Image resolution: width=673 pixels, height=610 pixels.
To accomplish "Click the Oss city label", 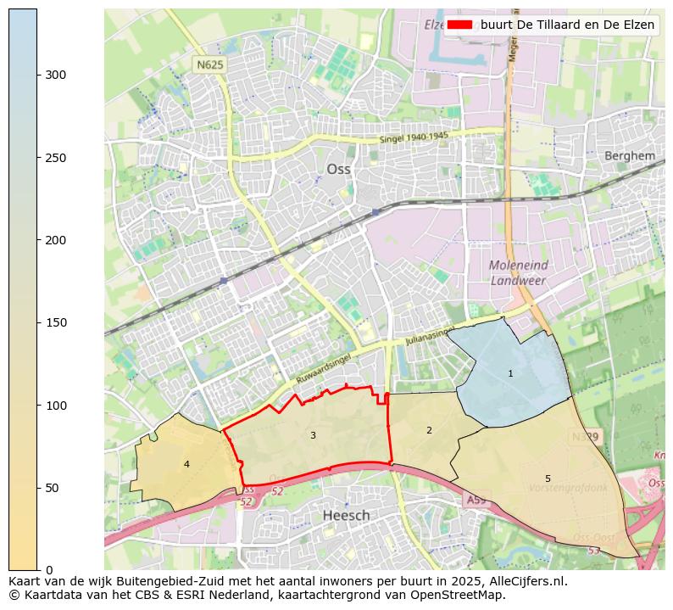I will point(338,170).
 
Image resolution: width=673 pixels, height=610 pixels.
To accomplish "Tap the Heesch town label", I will point(346,516).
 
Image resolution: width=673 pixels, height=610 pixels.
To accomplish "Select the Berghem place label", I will point(629,156).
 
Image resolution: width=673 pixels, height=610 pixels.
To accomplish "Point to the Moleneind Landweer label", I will point(518,272).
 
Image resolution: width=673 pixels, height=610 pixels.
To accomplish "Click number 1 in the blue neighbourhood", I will point(510,373).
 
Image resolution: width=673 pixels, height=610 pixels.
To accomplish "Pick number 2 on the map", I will point(429,431).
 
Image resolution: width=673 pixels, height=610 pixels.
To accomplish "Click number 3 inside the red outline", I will point(313,435).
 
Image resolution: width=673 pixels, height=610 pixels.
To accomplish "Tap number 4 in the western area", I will point(186,464).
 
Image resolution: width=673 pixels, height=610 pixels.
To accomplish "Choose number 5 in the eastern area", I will point(548,479).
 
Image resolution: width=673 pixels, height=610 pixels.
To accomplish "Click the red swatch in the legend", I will point(459,25).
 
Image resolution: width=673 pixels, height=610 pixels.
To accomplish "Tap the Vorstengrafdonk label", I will point(567,489).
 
